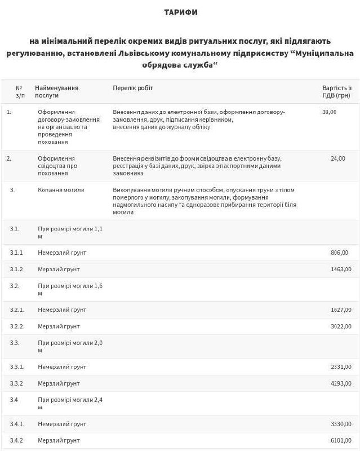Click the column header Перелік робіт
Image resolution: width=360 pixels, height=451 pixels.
(132, 88)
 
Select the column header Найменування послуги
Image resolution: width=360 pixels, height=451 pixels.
(56, 92)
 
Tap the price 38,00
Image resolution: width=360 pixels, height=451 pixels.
(329, 112)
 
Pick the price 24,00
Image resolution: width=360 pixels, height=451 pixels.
(338, 158)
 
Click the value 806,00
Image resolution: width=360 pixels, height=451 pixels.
(340, 253)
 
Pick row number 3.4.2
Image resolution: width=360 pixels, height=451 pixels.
(16, 440)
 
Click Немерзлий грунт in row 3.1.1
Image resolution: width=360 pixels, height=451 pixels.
(62, 253)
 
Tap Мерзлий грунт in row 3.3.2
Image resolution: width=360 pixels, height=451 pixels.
(59, 383)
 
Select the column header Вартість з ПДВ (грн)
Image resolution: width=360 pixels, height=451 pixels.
(336, 92)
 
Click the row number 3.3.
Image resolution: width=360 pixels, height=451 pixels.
(15, 342)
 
